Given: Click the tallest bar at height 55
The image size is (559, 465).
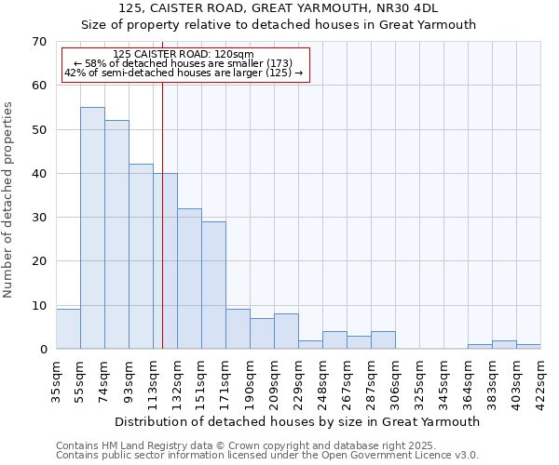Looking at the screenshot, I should point(92,228).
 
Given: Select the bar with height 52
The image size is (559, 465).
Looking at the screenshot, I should point(116,234).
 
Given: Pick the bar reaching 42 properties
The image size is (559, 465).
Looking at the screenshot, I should point(141,257).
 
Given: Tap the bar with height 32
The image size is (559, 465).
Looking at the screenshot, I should point(189,279).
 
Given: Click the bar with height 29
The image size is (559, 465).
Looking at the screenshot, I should point(213,286).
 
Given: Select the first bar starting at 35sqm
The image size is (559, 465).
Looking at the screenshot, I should point(68,329).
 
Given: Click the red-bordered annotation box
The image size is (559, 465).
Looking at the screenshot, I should point(184,65).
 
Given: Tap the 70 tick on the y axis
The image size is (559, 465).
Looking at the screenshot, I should point(38,41).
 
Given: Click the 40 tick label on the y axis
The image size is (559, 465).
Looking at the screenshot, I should point(38,174).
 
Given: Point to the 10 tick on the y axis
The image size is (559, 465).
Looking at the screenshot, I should point(38,306).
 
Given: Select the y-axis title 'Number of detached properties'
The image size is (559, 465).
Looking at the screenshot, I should point(9,200).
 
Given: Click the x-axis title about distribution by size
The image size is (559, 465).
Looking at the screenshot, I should point(298,421).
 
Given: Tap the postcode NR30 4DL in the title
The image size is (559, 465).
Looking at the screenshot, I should point(411,8).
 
